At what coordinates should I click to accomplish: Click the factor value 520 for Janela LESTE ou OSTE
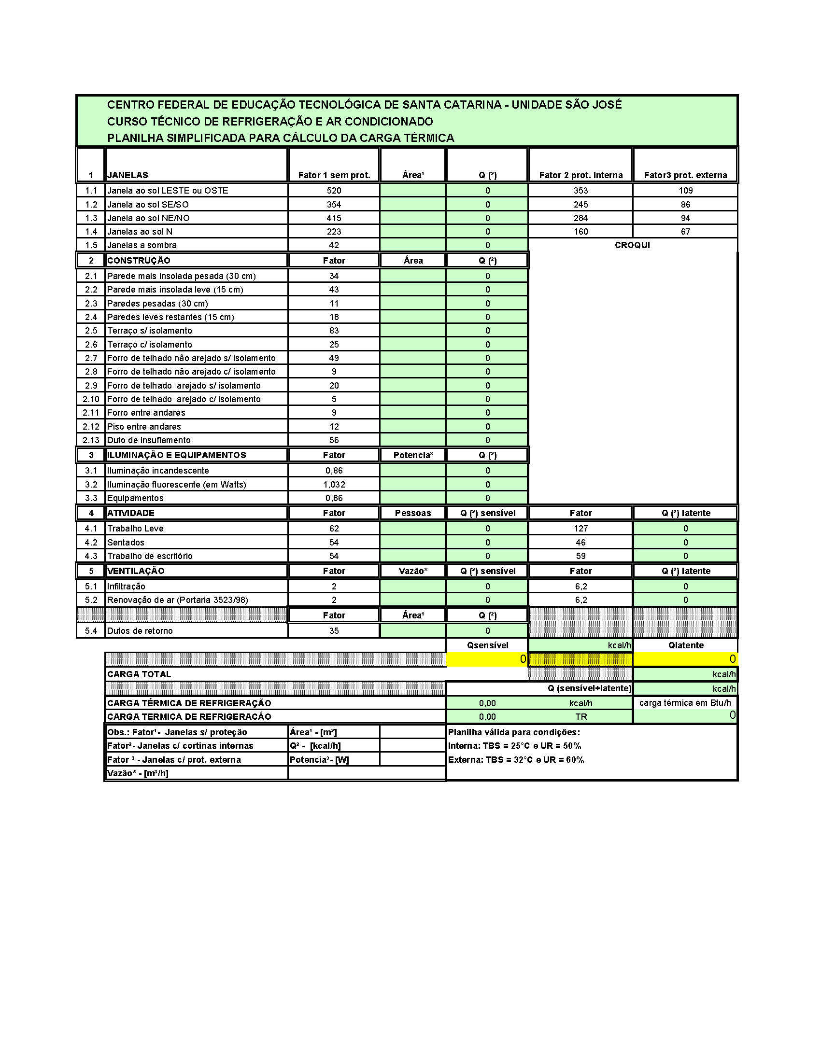point(334,191)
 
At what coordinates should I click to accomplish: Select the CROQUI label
point(632,245)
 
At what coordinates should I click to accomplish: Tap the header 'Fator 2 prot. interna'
point(580,175)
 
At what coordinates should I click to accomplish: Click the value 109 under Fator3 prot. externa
point(685,191)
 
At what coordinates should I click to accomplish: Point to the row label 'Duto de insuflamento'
point(149,440)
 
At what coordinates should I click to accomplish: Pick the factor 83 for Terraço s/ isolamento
point(334,331)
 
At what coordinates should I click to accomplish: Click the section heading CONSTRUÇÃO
point(139,261)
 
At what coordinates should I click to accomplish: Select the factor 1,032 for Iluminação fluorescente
point(334,485)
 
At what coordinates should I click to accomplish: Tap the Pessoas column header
point(412,513)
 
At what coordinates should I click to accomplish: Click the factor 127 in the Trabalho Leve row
point(580,529)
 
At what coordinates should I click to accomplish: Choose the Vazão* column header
point(413,571)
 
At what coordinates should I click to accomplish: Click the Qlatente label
point(686,645)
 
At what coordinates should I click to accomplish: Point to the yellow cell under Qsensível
point(487,659)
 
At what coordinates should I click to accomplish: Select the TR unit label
point(581,717)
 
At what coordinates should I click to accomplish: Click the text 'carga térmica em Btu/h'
point(685,703)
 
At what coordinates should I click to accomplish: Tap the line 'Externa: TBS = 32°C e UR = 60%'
point(516,759)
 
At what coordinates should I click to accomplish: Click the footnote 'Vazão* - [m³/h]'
point(138,773)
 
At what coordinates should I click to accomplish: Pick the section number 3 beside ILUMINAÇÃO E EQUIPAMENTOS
point(91,455)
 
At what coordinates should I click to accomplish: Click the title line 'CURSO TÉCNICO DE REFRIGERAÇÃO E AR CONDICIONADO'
point(270,122)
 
